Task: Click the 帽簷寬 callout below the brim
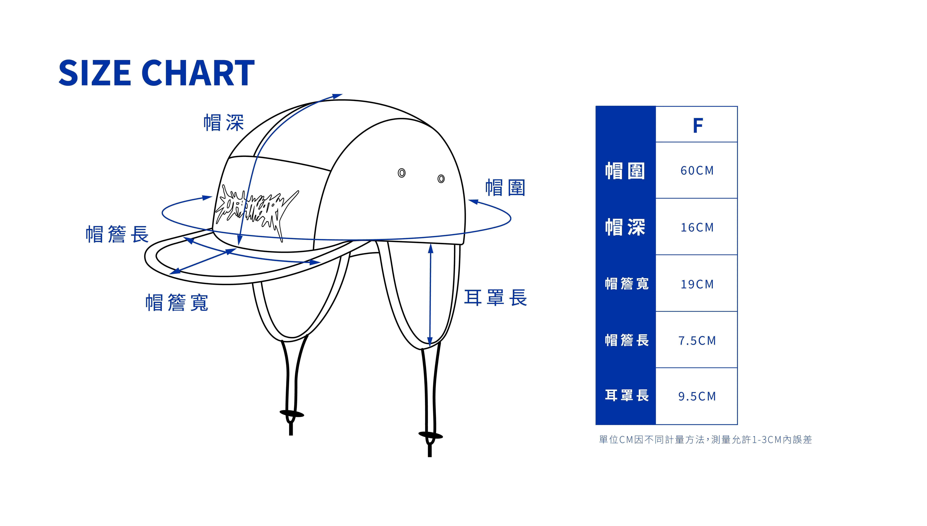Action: pos(177,303)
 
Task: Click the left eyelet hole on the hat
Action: pos(402,173)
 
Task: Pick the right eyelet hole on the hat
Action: pos(441,179)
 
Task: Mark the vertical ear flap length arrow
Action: pos(430,294)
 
